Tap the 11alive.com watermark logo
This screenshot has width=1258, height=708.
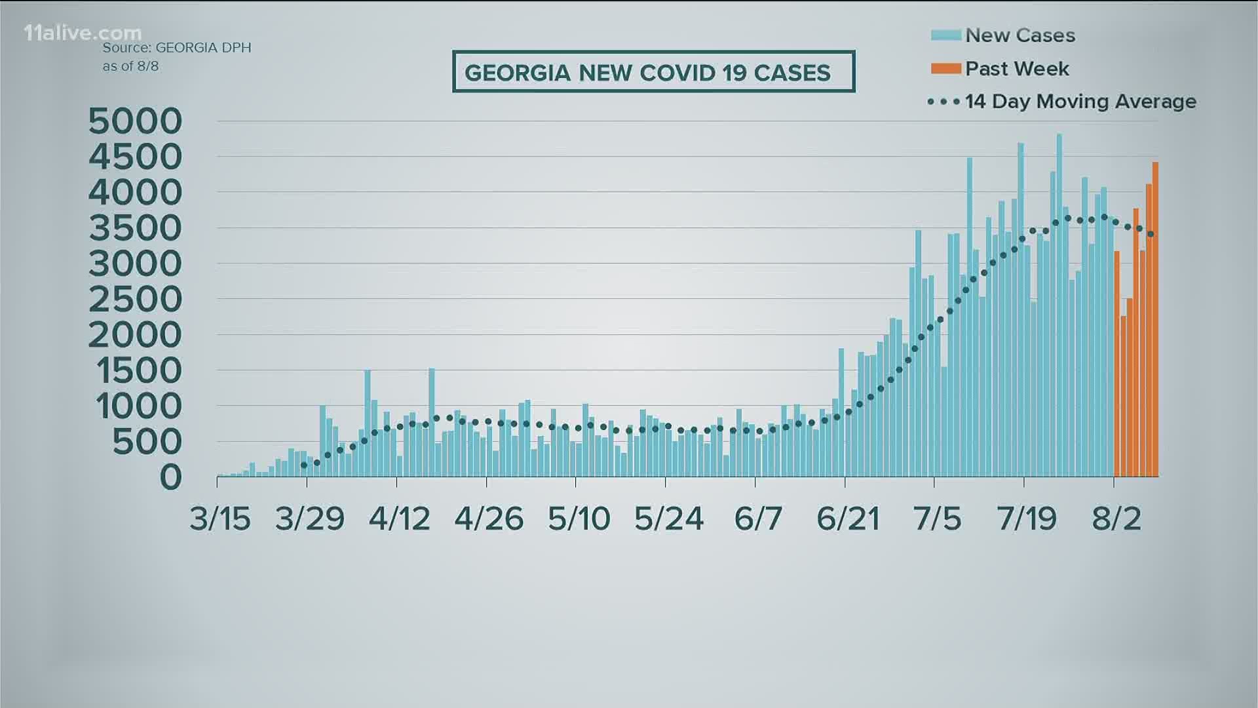pos(83,33)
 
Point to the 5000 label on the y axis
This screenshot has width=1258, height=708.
pos(135,121)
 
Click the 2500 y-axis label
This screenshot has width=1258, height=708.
pos(135,300)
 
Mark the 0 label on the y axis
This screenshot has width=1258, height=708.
pos(171,477)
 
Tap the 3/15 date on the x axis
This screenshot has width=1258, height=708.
pos(220,519)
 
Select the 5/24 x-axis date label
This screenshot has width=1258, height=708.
pos(668,519)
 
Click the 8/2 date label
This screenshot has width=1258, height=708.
pos(1116,519)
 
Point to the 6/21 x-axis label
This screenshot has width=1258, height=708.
pos(848,519)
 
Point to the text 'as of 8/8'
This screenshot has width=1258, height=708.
pos(130,66)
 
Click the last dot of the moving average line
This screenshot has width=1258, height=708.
pos(1151,234)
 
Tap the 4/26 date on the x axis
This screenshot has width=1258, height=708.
pos(489,519)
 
